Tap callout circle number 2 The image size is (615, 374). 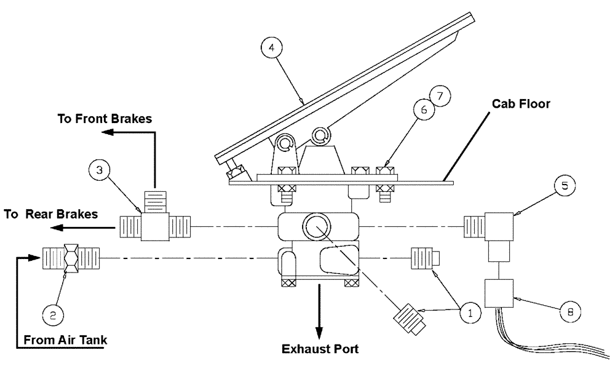click(54, 316)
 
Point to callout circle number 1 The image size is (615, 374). click(470, 312)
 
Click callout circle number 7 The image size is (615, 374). click(440, 97)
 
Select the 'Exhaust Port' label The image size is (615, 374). click(320, 349)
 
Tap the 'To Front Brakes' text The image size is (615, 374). click(105, 119)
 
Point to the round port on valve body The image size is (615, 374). click(317, 227)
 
